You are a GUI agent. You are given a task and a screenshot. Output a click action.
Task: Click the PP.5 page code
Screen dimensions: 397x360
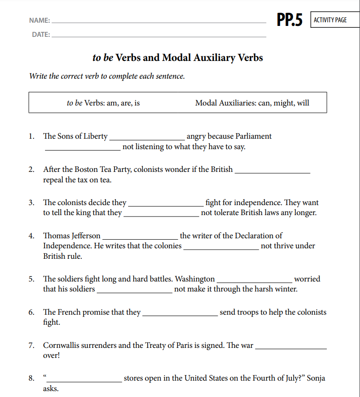point(290,20)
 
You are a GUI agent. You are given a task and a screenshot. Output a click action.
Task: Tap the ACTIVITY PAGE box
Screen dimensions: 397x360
point(330,20)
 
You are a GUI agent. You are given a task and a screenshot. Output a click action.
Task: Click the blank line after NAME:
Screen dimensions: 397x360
point(159,21)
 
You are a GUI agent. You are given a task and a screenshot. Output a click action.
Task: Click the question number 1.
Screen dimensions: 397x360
point(31,136)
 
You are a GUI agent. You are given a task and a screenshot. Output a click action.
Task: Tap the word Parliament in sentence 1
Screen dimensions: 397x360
point(254,136)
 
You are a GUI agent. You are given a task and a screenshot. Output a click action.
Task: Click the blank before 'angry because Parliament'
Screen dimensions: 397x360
point(147,138)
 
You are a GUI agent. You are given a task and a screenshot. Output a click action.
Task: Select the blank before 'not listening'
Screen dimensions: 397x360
point(83,149)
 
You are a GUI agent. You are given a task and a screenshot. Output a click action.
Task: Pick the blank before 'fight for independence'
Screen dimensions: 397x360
point(166,205)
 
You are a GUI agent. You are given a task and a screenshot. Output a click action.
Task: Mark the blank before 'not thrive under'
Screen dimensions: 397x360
point(221,248)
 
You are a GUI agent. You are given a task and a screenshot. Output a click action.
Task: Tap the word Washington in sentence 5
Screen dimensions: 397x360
point(195,279)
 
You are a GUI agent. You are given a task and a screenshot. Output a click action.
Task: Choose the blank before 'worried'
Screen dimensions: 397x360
point(255,281)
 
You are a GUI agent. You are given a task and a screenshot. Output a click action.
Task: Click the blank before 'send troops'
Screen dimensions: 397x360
point(180,314)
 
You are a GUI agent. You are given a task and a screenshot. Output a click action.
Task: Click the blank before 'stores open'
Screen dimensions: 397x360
point(84,381)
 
